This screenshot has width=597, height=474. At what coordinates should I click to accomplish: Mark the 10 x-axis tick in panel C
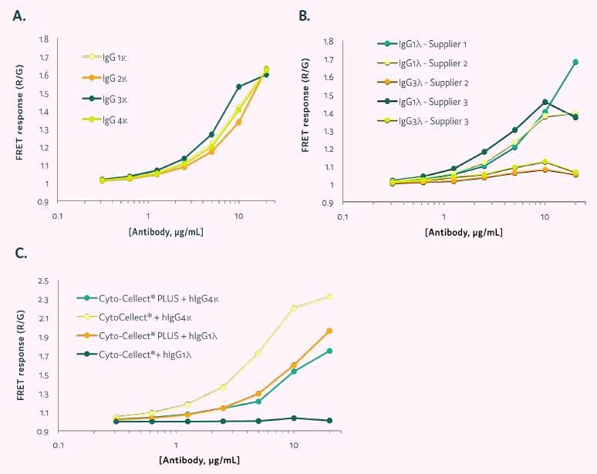click(x=293, y=446)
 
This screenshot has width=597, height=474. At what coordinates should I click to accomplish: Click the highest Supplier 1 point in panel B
click(x=575, y=62)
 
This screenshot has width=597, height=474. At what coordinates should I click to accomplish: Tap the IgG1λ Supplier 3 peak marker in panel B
click(x=545, y=102)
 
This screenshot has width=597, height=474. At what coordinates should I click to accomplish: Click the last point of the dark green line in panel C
click(x=330, y=420)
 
